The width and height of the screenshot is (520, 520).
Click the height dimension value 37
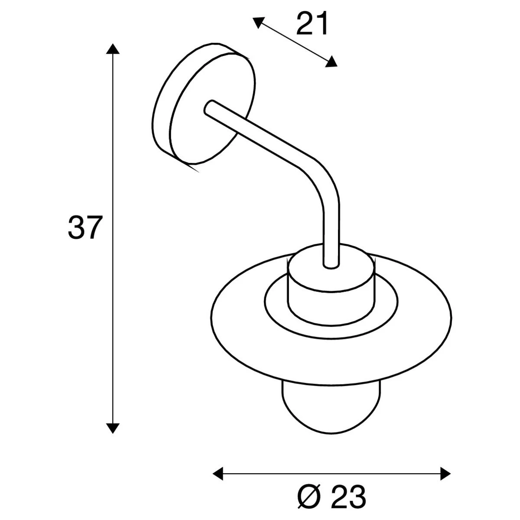pyautogui.click(x=84, y=228)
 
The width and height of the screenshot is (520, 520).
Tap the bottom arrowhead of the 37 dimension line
pyautogui.click(x=113, y=428)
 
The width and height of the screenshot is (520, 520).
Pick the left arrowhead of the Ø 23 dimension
pyautogui.click(x=218, y=474)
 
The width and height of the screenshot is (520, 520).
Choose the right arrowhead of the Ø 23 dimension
pyautogui.click(x=446, y=474)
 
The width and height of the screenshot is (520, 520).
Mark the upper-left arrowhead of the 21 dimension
pyautogui.click(x=258, y=21)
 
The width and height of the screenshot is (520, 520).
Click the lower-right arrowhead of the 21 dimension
pyautogui.click(x=331, y=62)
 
